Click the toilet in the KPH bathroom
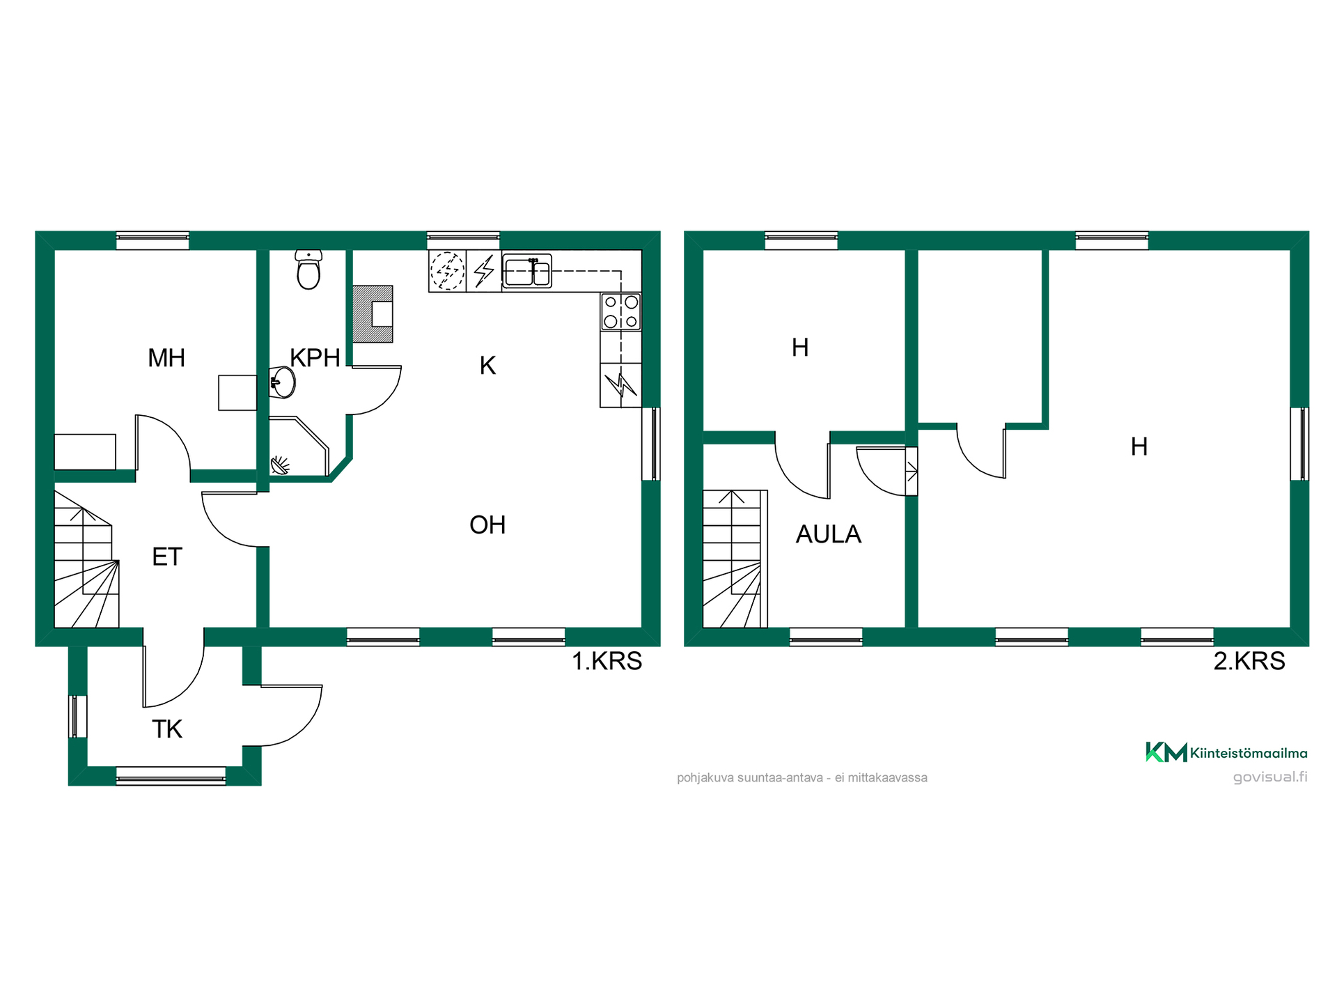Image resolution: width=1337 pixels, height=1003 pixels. (x=308, y=270)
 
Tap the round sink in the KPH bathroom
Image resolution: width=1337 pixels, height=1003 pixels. (x=283, y=382)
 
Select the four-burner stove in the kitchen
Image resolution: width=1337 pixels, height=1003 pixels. (x=620, y=311)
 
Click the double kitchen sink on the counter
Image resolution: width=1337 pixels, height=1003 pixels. (x=527, y=271)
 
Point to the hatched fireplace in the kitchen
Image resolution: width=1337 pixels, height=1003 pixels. (x=373, y=313)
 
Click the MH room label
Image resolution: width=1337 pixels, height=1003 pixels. (x=166, y=358)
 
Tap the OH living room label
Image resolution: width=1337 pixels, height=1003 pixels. (x=487, y=525)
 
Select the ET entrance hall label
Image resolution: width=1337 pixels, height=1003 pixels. (x=167, y=557)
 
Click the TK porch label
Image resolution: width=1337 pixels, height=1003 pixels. (x=167, y=729)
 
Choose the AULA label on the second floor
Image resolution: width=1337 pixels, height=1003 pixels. (x=829, y=534)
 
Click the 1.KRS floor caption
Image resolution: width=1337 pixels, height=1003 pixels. (x=607, y=661)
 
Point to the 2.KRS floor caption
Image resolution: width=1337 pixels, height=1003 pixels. (x=1249, y=661)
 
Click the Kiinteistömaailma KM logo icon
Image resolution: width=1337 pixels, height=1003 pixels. (x=1166, y=752)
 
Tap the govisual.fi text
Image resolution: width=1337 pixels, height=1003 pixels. (x=1270, y=777)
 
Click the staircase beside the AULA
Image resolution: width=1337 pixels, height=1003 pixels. (x=735, y=559)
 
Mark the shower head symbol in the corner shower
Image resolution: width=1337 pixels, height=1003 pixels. (x=280, y=465)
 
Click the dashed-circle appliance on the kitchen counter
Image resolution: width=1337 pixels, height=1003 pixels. (x=447, y=270)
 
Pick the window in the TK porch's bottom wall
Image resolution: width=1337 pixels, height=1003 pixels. (x=171, y=776)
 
